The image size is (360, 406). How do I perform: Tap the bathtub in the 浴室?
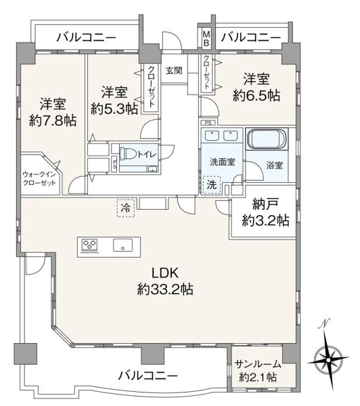tap(267, 139)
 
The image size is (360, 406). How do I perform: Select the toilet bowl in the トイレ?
tap(128, 154)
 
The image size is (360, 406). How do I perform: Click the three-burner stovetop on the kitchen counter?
tap(89, 245)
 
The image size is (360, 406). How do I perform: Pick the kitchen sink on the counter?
tap(122, 245)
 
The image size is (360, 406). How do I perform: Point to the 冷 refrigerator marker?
tap(126, 208)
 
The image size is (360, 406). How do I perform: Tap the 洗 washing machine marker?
tap(212, 185)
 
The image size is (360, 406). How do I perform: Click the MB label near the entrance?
tap(206, 39)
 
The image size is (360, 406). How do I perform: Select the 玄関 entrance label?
tap(174, 70)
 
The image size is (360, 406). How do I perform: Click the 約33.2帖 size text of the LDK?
tap(165, 289)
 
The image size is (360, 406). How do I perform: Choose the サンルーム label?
tap(258, 364)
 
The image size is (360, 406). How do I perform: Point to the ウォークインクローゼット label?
tap(39, 179)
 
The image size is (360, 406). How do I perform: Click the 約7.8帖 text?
tap(53, 120)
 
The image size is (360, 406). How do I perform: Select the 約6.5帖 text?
tap(256, 95)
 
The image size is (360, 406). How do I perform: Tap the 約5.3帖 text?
tap(114, 109)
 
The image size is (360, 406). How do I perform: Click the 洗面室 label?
tap(223, 162)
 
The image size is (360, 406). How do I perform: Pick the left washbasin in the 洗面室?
tap(212, 135)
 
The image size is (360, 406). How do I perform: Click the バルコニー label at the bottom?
tap(148, 375)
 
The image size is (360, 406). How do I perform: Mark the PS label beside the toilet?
tap(114, 164)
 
